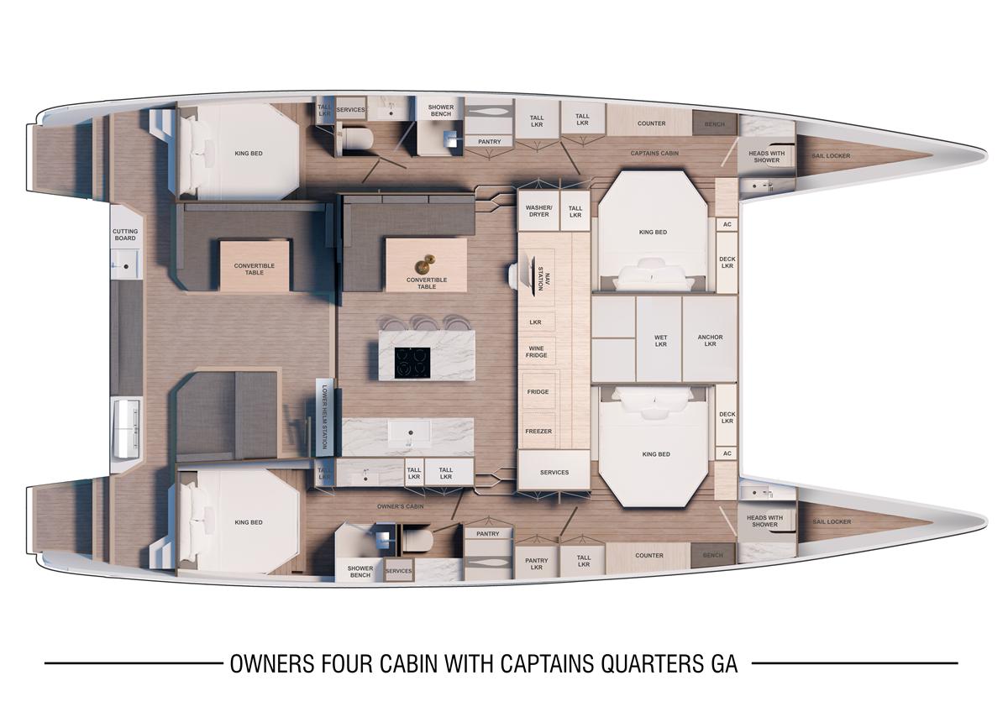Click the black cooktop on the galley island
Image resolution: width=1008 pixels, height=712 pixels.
coord(412,363)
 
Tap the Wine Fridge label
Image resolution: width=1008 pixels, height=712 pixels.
coord(537,352)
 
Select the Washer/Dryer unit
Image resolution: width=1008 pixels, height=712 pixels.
coord(538,211)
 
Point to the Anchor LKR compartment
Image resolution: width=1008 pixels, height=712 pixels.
coord(710,340)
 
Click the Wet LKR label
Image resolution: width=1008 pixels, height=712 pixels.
coord(660,341)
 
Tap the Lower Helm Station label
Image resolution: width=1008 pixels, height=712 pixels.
coord(324,416)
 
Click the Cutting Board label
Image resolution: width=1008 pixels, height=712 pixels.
coord(125,235)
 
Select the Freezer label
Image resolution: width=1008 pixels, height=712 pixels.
coord(538,431)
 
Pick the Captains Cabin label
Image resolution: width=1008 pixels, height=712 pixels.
coord(654,153)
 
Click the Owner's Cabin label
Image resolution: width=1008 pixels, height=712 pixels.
coord(400,506)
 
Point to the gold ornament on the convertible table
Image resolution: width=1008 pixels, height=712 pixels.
coord(425,264)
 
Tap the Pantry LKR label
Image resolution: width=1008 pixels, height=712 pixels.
coord(537,564)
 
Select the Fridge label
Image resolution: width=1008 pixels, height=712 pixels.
coord(538,392)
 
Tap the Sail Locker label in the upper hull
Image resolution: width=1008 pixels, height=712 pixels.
coord(831,155)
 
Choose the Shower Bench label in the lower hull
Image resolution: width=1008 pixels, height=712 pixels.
coord(360,572)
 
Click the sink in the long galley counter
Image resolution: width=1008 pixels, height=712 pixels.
coord(410,432)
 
